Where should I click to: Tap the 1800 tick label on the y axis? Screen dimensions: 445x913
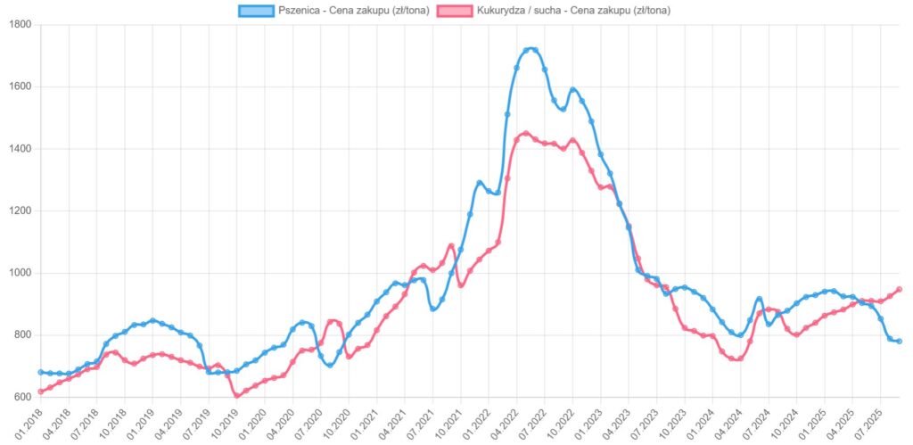[19, 25]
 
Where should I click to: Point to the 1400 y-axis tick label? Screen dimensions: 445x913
[19, 149]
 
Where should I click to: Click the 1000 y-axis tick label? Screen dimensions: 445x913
[19, 273]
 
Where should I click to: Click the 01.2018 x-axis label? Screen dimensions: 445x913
[28, 422]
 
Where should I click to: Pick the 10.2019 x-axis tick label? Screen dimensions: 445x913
[224, 422]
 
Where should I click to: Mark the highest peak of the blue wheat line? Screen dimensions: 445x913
[531, 49]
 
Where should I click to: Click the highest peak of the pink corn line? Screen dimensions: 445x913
[526, 134]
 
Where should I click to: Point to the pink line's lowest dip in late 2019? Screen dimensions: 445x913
[236, 394]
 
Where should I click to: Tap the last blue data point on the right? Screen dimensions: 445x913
[899, 342]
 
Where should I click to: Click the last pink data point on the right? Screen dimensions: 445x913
[899, 289]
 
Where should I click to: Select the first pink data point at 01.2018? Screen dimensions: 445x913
[41, 391]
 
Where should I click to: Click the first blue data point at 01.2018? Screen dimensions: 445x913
[41, 372]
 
